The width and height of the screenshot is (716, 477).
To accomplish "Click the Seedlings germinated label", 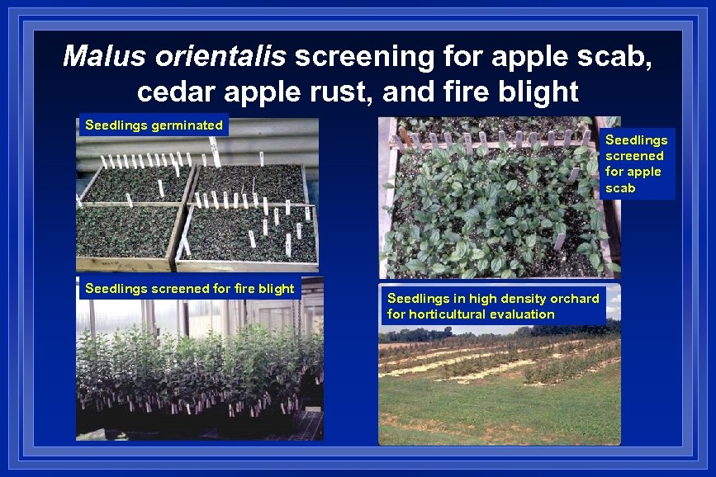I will pyautogui.click(x=154, y=125).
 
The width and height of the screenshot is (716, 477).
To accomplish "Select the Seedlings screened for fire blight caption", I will pyautogui.click(x=189, y=288).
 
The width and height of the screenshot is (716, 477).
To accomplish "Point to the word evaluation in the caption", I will pyautogui.click(x=522, y=314).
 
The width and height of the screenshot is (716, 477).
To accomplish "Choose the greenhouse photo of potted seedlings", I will pyautogui.click(x=198, y=371).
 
